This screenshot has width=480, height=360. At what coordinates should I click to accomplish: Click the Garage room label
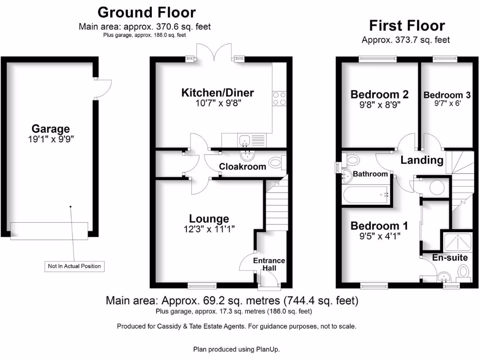(51, 128)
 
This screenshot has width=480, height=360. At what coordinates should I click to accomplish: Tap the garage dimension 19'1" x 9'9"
(51, 139)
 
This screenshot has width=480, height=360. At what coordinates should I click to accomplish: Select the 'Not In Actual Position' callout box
(75, 266)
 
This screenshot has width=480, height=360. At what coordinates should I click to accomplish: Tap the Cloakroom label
(243, 166)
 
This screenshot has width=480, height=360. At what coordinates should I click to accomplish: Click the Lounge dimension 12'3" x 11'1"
(209, 229)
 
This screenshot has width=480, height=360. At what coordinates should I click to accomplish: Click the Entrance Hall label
(269, 264)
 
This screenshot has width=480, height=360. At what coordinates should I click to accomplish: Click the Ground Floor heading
(147, 12)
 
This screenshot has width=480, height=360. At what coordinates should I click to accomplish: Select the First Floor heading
(407, 25)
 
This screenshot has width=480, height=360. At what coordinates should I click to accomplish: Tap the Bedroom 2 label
(380, 95)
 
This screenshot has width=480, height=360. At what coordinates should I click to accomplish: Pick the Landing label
(422, 160)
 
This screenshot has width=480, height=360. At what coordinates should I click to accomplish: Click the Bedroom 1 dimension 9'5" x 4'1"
(379, 236)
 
